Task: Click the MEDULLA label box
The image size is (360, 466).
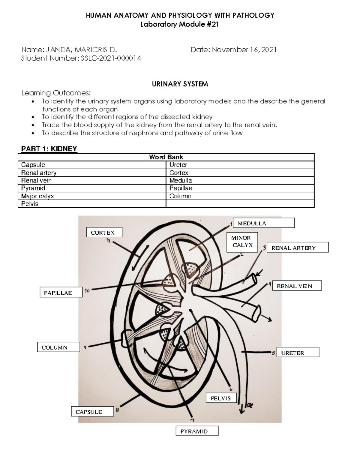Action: click(x=263, y=223)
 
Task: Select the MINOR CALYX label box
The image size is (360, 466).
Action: click(x=242, y=242)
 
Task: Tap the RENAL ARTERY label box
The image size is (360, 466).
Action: click(x=297, y=248)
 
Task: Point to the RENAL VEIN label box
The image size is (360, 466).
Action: click(x=297, y=286)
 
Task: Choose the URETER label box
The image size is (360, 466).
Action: click(x=298, y=353)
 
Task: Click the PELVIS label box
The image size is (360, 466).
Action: click(x=221, y=398)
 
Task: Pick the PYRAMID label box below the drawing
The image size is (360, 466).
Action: click(x=197, y=431)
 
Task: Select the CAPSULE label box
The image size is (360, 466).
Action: click(x=92, y=411)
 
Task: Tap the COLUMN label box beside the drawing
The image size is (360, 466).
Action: click(x=58, y=347)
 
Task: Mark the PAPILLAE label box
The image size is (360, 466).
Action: click(x=61, y=293)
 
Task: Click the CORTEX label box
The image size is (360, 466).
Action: click(x=104, y=232)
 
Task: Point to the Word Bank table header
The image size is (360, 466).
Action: click(x=166, y=157)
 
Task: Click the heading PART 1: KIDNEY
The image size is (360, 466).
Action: click(x=49, y=149)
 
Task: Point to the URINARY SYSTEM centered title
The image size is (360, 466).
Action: click(x=180, y=84)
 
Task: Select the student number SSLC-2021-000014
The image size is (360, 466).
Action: click(x=111, y=58)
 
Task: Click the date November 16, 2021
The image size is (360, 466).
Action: click(x=244, y=50)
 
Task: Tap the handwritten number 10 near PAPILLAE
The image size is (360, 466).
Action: click(x=87, y=290)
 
